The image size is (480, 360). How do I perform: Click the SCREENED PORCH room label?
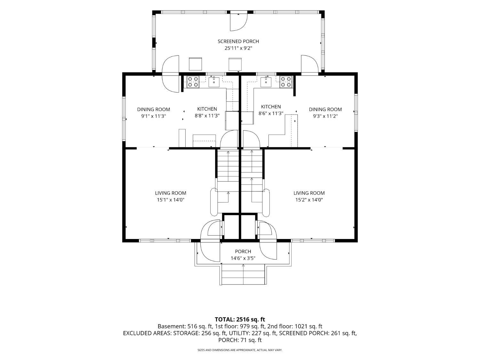238,41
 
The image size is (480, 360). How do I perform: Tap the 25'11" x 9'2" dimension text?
238,48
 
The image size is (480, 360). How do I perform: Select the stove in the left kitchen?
193,82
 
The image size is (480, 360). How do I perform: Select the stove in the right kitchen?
286,82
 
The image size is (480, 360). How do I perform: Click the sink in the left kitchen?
214,82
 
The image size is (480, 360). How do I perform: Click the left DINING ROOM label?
154,109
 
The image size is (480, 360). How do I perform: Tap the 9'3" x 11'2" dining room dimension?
325,116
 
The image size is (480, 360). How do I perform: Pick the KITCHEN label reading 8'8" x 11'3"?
207,109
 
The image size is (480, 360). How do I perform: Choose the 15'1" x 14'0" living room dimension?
171,200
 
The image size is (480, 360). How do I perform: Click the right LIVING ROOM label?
309,193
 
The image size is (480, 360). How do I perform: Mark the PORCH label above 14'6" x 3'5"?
243,252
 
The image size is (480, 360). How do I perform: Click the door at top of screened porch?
238,22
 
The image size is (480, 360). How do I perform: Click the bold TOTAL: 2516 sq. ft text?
240,319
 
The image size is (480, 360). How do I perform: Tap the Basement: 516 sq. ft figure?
185,326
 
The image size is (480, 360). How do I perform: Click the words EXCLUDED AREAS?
148,333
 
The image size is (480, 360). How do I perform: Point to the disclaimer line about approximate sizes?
240,350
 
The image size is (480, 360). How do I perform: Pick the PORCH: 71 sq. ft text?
240,340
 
